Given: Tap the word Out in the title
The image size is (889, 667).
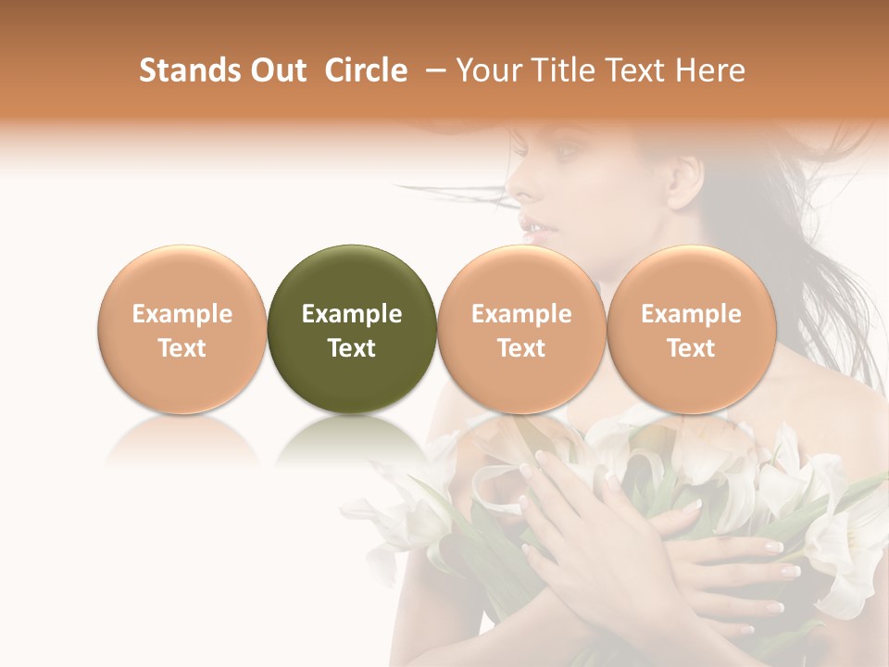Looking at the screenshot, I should pos(276,70).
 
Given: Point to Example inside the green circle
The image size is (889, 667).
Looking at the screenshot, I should pos(352,314).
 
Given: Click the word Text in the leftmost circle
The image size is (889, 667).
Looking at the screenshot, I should pos(182,348).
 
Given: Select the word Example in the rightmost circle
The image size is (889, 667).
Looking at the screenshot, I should pos(691,314).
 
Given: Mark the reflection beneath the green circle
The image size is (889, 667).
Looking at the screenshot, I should pos(352,440).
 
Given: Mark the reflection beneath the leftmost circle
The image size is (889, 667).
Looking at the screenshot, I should pos(182,440).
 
